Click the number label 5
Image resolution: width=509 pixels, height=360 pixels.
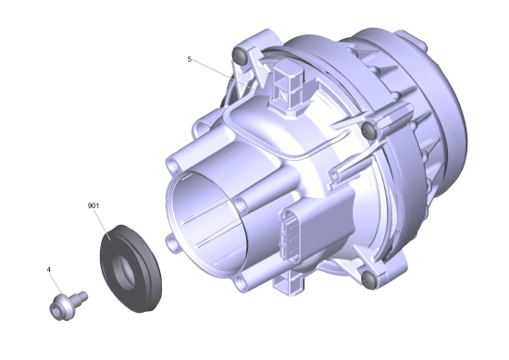tap(189, 59)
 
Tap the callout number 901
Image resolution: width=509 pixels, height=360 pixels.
tap(93, 205)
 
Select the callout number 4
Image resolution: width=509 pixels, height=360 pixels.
tap(49, 269)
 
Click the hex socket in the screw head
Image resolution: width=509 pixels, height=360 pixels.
tap(56, 310)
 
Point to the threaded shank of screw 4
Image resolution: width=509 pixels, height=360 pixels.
tap(81, 297)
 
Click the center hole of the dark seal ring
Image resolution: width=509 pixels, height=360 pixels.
tap(126, 272)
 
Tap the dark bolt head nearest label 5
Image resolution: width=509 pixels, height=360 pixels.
tap(239, 56)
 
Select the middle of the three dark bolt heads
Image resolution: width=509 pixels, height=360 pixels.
tap(368, 129)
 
